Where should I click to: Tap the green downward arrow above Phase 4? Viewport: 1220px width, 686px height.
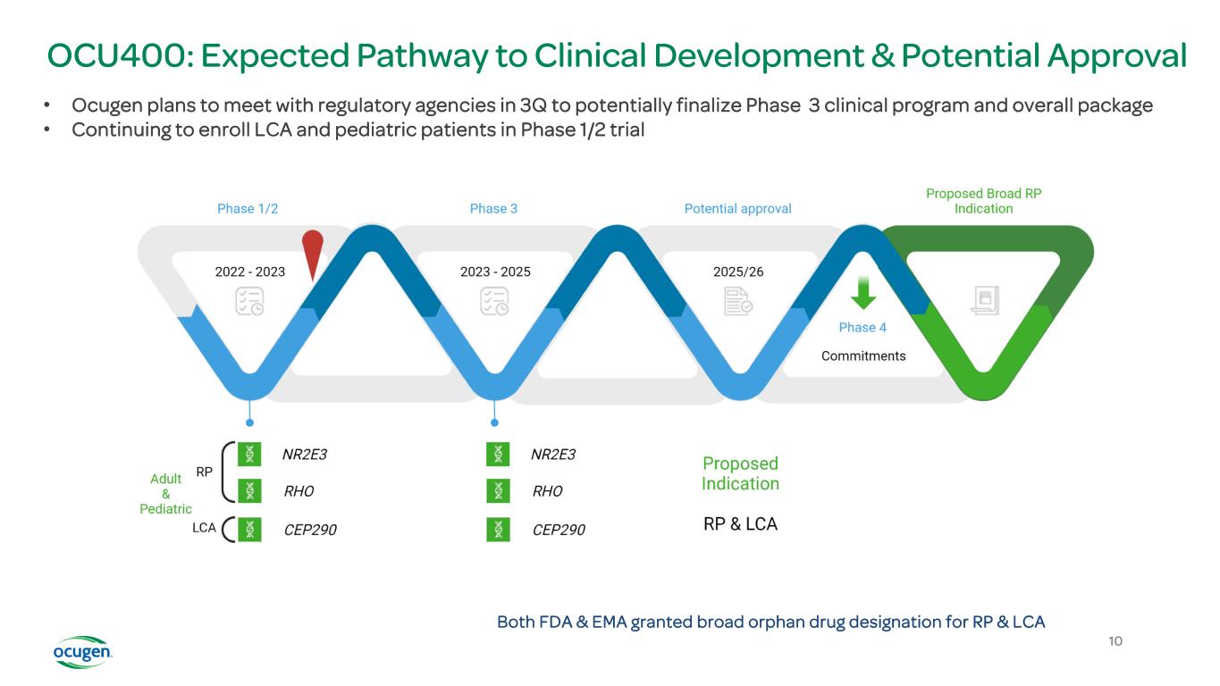click(863, 293)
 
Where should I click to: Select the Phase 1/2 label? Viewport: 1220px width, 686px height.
click(248, 208)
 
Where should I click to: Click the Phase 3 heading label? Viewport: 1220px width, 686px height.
click(493, 208)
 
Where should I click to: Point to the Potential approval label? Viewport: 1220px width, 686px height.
click(738, 208)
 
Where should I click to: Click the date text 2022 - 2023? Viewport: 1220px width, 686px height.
click(250, 272)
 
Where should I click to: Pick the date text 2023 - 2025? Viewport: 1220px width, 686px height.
click(495, 272)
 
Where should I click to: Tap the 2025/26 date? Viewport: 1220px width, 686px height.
click(738, 272)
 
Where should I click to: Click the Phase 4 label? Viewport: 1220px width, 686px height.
click(862, 327)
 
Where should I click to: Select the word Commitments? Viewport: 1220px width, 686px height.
click(863, 356)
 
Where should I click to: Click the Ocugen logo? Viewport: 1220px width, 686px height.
click(82, 652)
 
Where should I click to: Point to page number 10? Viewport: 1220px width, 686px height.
click(1115, 640)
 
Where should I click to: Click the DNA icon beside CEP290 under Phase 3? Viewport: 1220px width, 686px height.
click(498, 530)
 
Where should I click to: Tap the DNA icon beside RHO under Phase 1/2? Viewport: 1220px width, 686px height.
click(249, 491)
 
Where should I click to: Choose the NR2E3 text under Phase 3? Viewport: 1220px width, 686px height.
click(553, 454)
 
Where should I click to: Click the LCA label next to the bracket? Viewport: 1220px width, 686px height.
click(204, 528)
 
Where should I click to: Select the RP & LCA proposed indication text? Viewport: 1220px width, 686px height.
click(740, 523)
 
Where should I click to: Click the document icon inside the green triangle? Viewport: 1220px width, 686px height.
click(985, 300)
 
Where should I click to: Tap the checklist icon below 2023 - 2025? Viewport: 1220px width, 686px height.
click(494, 301)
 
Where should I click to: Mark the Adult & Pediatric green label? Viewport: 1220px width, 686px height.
click(165, 494)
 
